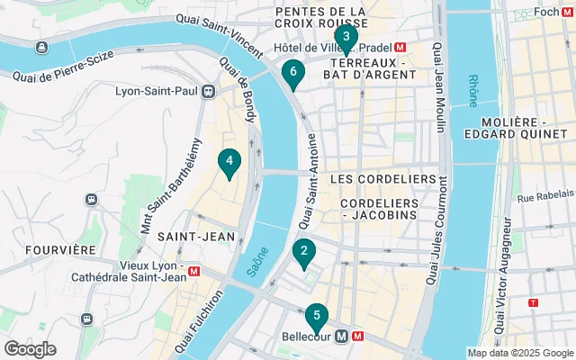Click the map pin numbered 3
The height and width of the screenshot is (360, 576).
(x=346, y=38)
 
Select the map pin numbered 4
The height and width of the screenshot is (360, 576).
(x=230, y=163)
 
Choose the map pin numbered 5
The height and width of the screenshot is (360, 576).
(x=315, y=317)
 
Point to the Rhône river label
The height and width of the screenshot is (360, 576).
(x=474, y=90)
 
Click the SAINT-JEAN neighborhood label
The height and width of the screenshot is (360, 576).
(x=196, y=236)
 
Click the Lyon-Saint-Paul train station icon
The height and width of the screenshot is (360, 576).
(x=209, y=91)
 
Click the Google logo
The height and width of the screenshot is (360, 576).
(x=30, y=348)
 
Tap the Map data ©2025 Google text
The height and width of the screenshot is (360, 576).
(x=519, y=353)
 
